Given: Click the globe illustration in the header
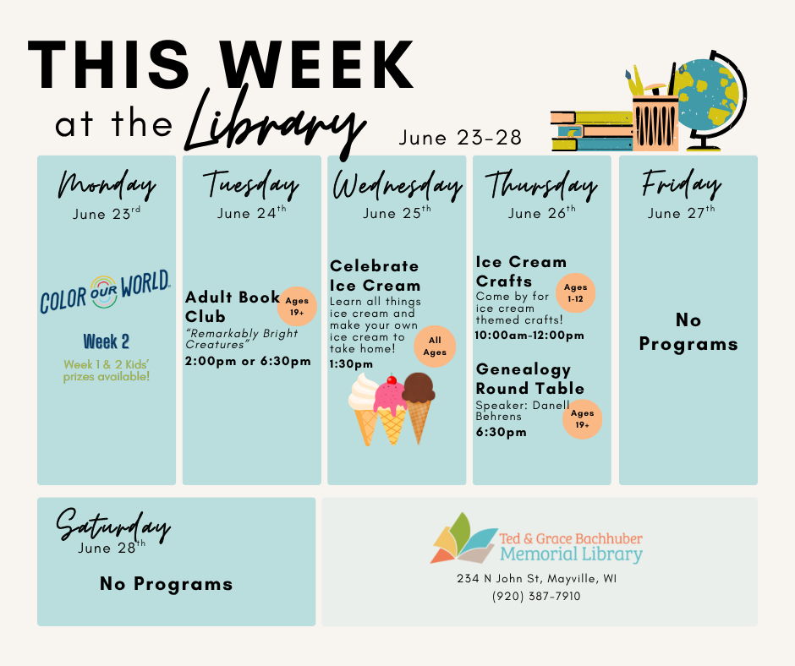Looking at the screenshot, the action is (x=710, y=101).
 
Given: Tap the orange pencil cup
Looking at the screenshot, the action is (x=655, y=123).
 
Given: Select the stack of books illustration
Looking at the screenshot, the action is (x=592, y=131).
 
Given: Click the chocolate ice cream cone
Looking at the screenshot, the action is (x=419, y=407).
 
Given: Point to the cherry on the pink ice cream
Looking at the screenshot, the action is (x=392, y=379).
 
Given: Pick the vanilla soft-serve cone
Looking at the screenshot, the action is (x=364, y=408).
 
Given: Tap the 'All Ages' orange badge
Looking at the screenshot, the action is (x=435, y=347).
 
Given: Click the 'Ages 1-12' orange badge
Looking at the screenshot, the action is (x=575, y=293).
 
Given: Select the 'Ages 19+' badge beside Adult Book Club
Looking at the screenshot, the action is (x=297, y=306).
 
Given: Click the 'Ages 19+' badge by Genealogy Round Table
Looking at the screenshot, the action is (x=582, y=419).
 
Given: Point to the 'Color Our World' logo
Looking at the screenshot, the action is (x=106, y=292).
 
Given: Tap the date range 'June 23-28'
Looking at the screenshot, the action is (x=460, y=138).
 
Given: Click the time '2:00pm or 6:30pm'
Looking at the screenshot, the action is (x=248, y=362).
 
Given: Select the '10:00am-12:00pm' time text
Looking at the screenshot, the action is (x=529, y=336).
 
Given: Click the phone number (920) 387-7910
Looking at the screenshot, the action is (x=536, y=596).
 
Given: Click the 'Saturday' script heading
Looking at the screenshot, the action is (x=113, y=526).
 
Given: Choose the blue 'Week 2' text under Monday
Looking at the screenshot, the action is (x=107, y=341).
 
